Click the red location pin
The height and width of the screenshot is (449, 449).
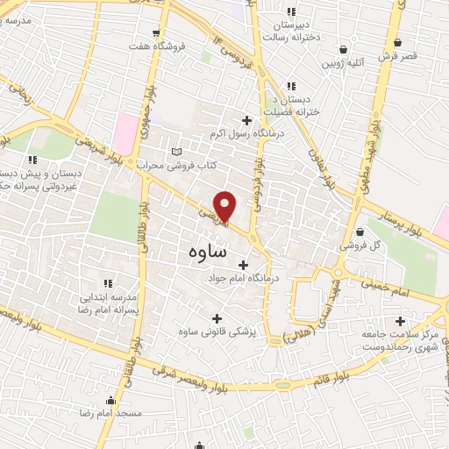[x=225, y=206]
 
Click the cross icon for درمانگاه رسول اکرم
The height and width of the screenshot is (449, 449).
[x=246, y=120]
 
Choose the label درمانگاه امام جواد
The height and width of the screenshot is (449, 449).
[x=235, y=280]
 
